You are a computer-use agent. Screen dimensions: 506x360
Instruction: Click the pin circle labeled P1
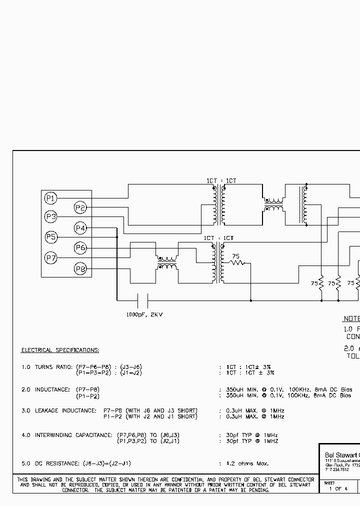tap(50, 198)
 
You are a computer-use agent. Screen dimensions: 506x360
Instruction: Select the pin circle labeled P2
tap(80, 207)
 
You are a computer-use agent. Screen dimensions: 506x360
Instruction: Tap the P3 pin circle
tap(50, 217)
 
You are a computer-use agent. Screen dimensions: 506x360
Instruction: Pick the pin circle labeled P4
tap(80, 228)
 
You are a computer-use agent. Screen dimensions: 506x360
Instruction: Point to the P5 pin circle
tap(50, 237)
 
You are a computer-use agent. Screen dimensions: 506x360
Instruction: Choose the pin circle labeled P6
tap(80, 247)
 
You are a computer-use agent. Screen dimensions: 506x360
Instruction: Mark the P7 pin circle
tap(50, 258)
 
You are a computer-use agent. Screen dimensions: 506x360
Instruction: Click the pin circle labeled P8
tap(80, 269)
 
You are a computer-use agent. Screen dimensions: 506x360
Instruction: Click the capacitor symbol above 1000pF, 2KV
tap(142, 300)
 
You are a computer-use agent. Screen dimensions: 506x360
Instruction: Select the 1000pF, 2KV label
tap(144, 314)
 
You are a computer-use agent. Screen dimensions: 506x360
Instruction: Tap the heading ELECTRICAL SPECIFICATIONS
tap(60, 350)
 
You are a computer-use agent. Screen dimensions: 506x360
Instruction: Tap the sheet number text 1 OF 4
tap(338, 488)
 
